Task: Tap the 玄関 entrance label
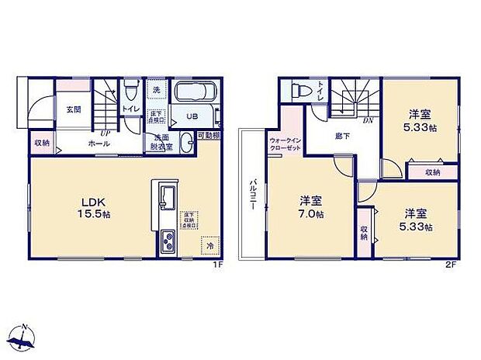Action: (x=74, y=109)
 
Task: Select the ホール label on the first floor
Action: (x=99, y=144)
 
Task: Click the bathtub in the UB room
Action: (x=193, y=95)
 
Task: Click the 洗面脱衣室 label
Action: (x=160, y=143)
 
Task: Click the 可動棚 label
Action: (x=207, y=135)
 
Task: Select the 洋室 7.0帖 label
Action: (x=312, y=208)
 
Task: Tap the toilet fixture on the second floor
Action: (x=298, y=92)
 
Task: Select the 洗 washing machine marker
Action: (x=157, y=91)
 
